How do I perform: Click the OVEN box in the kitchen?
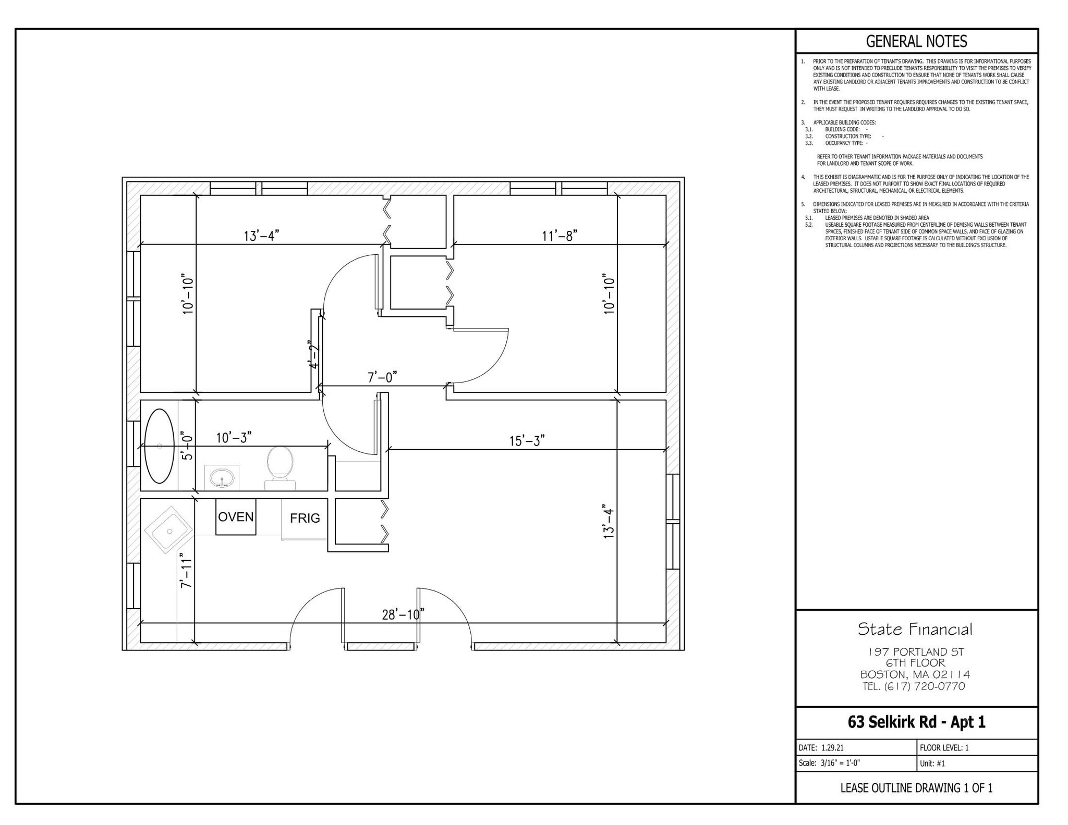pos(236,516)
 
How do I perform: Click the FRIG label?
pos(305,518)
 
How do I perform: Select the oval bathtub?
pos(159,446)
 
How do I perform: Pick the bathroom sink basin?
pos(222,477)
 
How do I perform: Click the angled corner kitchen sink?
pos(168,530)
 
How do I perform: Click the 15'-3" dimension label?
pos(527,441)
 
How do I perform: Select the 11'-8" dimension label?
pos(559,236)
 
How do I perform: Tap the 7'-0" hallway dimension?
pos(382,377)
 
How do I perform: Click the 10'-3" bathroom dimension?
pos(234,437)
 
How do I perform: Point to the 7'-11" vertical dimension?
pos(186,571)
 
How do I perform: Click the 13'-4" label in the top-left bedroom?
pos(261,236)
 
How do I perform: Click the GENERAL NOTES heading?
pos(916,41)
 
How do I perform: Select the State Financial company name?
pos(915,629)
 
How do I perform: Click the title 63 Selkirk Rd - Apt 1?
pos(916,722)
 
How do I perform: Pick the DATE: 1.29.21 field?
pos(821,747)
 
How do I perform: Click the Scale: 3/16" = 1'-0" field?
pos(829,763)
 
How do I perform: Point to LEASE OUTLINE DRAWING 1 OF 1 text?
pos(916,787)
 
